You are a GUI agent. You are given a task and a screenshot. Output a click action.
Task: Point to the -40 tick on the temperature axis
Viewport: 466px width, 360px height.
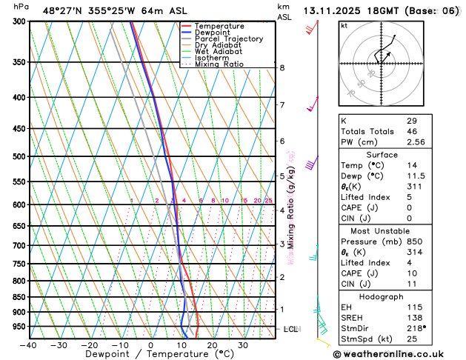(28, 345)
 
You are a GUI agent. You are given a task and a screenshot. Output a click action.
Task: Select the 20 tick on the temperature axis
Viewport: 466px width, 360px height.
(212, 345)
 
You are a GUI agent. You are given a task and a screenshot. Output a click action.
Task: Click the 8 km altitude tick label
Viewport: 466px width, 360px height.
(282, 68)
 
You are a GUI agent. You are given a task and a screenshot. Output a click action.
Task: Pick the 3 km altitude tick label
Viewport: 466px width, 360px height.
(282, 244)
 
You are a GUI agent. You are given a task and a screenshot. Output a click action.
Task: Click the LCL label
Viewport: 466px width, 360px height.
(290, 329)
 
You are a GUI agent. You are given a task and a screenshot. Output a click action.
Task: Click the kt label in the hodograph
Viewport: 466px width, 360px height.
(344, 25)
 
